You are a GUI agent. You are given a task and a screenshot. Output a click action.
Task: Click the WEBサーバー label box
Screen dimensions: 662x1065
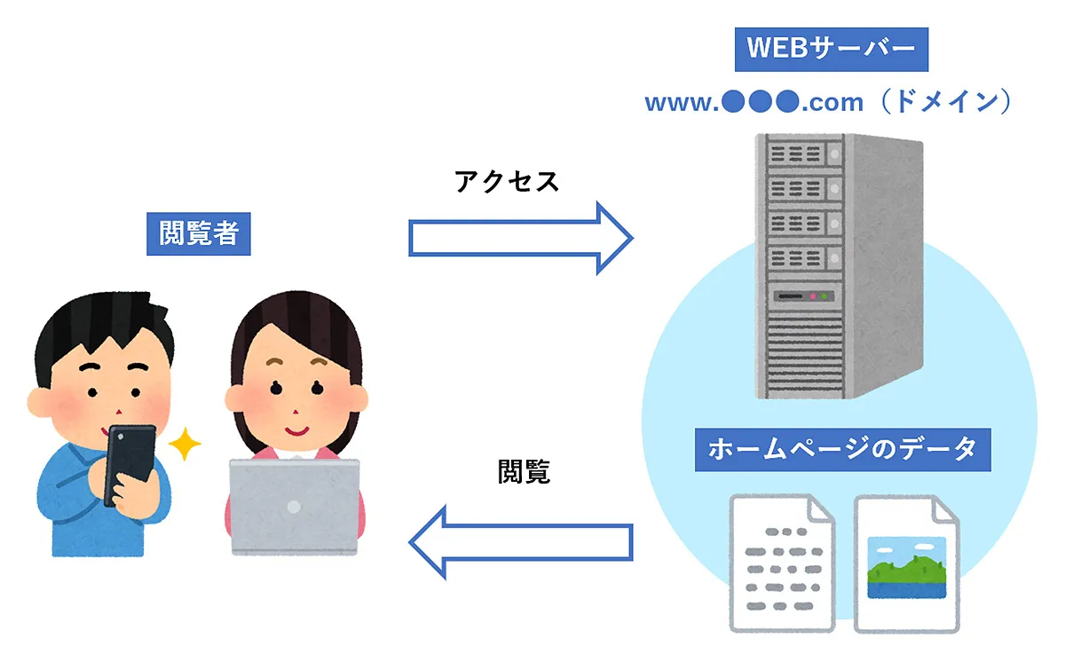(x=831, y=49)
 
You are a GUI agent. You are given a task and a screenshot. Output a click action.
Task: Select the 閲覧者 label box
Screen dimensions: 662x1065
(x=198, y=233)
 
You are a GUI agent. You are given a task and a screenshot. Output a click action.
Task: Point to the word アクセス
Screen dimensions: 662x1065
(x=507, y=181)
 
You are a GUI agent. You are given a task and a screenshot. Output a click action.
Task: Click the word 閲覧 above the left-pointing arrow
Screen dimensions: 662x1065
(x=524, y=471)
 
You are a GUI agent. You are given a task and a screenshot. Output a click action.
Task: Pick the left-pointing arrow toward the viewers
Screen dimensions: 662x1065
(x=520, y=541)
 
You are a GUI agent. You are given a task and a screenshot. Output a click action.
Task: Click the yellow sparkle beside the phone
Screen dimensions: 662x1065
(x=184, y=444)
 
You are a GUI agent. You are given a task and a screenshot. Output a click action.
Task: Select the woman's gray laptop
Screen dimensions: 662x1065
(x=295, y=507)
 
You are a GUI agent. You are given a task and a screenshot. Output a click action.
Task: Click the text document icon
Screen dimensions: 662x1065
(x=782, y=563)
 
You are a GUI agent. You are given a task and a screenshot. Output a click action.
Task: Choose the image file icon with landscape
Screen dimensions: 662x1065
(x=906, y=563)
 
